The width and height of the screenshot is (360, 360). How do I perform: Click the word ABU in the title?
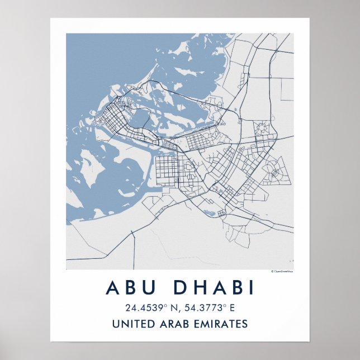click(132, 287)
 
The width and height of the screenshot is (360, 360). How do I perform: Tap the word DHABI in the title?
click(214, 287)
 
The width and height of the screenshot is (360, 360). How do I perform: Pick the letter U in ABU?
click(150, 287)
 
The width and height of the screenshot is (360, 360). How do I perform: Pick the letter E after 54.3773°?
click(233, 307)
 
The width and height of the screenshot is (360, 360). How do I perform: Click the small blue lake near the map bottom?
click(210, 212)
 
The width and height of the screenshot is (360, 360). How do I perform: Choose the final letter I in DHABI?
click(250, 287)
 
